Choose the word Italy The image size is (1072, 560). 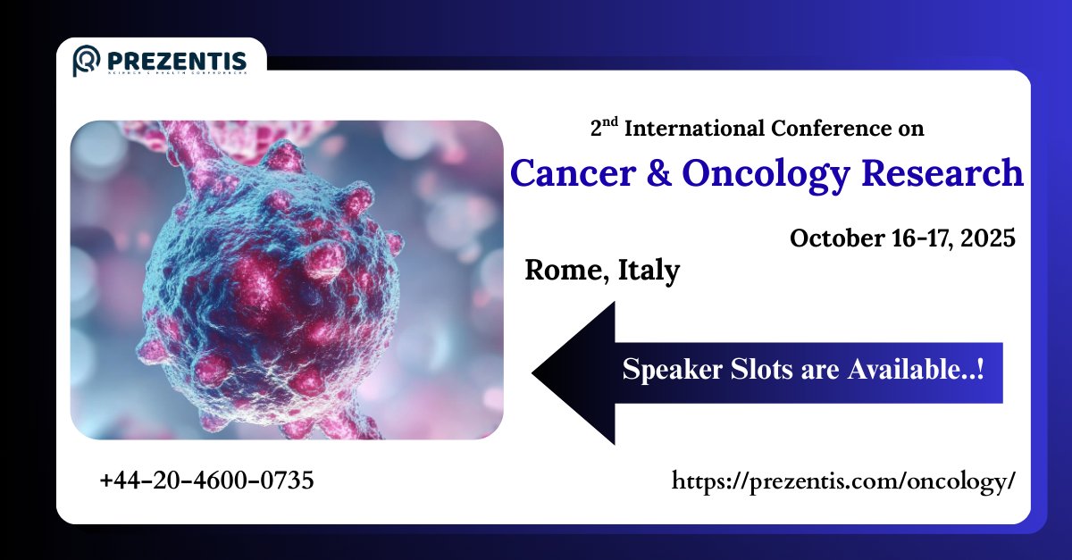[x=647, y=270]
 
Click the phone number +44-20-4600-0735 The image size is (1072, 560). [x=206, y=481]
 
